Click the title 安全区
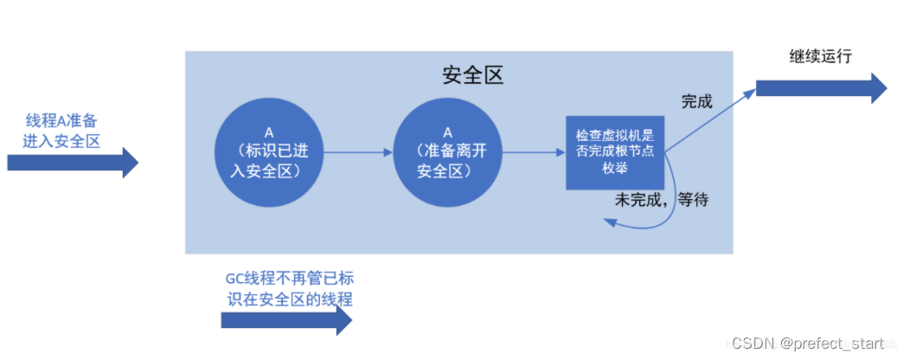[472, 75]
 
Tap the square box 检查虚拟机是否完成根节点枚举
[614, 152]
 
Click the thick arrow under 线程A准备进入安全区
[73, 162]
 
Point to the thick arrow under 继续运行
[821, 88]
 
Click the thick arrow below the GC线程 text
[286, 320]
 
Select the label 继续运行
[821, 57]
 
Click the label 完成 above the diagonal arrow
[696, 101]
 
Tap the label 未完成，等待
[661, 200]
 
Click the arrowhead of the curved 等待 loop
[609, 223]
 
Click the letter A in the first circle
[269, 133]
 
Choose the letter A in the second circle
[448, 132]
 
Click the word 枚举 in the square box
[614, 170]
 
